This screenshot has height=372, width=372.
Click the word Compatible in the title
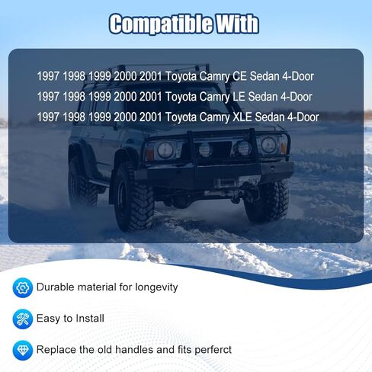click(x=162, y=24)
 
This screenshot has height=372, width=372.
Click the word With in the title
click(x=237, y=24)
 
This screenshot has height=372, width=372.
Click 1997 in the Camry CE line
click(x=48, y=76)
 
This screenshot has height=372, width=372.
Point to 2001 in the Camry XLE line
click(x=151, y=117)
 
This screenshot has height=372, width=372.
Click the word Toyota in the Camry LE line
click(x=181, y=97)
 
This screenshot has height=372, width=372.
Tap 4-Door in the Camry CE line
click(x=298, y=76)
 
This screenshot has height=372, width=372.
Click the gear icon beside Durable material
click(x=23, y=287)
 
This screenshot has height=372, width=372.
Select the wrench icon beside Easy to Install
click(x=23, y=319)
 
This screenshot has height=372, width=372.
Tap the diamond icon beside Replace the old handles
click(x=23, y=351)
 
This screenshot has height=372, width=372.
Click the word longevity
click(x=156, y=287)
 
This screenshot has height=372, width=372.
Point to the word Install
click(x=90, y=319)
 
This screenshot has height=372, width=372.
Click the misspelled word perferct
click(x=213, y=350)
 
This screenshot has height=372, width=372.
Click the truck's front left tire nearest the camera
click(x=134, y=197)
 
